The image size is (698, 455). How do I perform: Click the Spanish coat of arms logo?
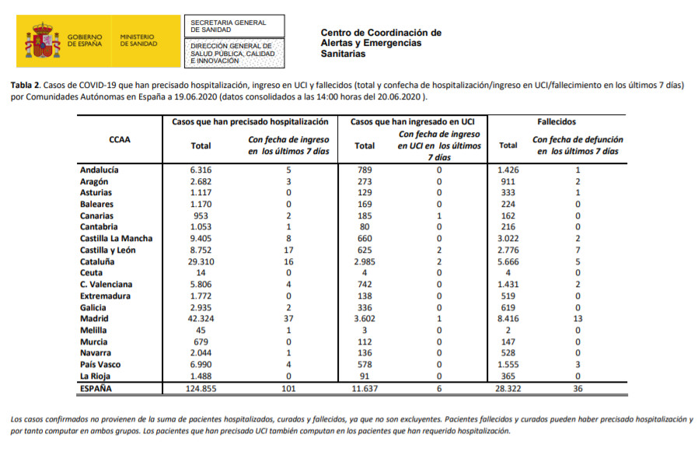pyautogui.click(x=44, y=40)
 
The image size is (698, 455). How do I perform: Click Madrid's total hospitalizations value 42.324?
pyautogui.click(x=201, y=319)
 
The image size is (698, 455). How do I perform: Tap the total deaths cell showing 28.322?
pyautogui.click(x=508, y=387)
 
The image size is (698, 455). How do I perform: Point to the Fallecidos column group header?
pyautogui.click(x=556, y=122)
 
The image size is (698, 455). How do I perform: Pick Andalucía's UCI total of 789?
pyautogui.click(x=364, y=170)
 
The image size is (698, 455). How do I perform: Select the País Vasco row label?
pyautogui.click(x=99, y=365)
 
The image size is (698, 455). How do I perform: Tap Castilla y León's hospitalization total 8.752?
pyautogui.click(x=201, y=250)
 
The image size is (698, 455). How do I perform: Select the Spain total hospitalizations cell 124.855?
pyautogui.click(x=201, y=387)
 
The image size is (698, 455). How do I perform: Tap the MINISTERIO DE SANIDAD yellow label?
pyautogui.click(x=138, y=40)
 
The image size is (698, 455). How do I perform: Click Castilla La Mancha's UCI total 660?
pyautogui.click(x=364, y=238)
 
